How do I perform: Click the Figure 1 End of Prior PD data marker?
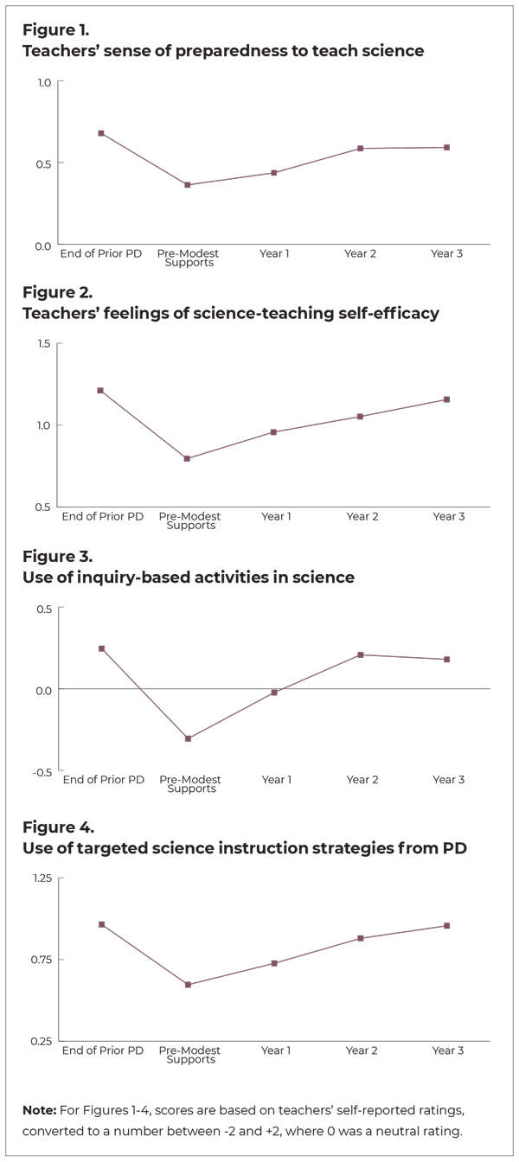pos(101,133)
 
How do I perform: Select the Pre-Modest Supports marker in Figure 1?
pos(188,185)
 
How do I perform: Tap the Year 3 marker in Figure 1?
pos(447,148)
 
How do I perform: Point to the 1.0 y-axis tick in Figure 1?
pos(43,82)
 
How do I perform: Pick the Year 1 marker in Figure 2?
pos(274,432)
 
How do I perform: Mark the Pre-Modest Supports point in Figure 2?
pos(188,458)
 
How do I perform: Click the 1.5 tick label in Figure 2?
pos(43,344)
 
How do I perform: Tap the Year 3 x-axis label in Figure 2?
pos(448,516)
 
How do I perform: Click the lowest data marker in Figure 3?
pos(188,738)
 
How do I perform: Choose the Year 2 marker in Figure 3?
pos(361,655)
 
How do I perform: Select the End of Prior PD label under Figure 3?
pos(102,780)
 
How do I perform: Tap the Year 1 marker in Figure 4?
pos(274,963)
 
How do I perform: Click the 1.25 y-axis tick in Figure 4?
pos(40,878)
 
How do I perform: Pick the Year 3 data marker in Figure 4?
pos(447,926)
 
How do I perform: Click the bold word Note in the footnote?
pos(40,1108)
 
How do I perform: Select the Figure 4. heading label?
pos(57,827)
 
